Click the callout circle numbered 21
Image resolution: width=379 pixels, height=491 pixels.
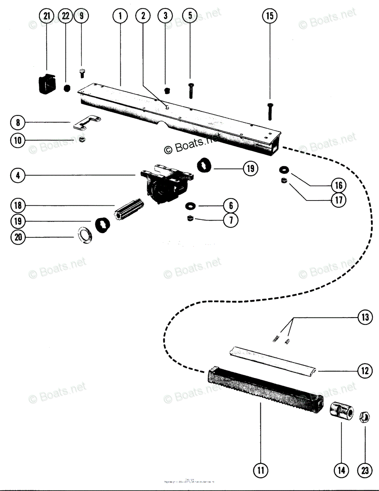tap(47, 16)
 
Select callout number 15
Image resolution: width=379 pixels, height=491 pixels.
tap(269, 16)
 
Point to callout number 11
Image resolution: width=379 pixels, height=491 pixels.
tap(260, 470)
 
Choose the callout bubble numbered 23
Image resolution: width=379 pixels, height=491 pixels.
tap(364, 470)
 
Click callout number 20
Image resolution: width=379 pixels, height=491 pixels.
tap(18, 237)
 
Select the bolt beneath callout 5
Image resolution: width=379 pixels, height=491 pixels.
tap(191, 90)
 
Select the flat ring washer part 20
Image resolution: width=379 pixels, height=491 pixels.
tap(85, 235)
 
